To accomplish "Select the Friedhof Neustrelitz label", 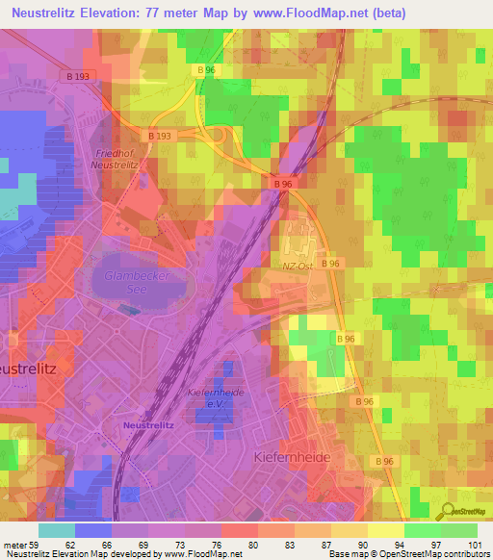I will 117,159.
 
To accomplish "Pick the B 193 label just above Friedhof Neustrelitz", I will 162,137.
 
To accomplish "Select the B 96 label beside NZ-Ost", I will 331,263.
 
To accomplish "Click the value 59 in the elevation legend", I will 36,545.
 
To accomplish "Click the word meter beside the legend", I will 13,545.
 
